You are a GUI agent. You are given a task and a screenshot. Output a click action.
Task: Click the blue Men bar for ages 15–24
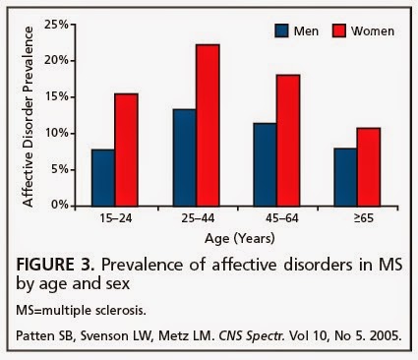103,178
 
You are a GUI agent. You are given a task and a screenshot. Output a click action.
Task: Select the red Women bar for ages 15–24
126,150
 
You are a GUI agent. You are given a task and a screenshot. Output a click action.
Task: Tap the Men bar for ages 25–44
184,157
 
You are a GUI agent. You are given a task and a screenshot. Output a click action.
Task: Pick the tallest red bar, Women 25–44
208,125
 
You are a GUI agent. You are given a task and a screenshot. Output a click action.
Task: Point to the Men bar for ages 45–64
265,164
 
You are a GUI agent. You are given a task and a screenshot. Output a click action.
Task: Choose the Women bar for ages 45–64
288,141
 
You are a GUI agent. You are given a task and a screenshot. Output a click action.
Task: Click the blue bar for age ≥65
345,177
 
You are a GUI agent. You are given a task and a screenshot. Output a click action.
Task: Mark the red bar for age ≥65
369,167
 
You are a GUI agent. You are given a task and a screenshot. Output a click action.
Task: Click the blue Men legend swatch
281,30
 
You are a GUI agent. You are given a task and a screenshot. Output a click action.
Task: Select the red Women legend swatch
339,30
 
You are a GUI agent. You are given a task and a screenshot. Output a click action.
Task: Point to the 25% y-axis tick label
57,25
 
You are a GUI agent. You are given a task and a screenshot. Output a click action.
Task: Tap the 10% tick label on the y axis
57,134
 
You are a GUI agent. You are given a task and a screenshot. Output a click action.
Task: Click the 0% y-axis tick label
60,206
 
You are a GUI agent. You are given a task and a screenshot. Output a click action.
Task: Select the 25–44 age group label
198,218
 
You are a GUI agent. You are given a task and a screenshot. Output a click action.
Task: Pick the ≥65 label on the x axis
364,218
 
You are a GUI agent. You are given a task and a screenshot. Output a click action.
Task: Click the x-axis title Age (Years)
240,238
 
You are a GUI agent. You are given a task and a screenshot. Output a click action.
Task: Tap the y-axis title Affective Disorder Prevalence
29,117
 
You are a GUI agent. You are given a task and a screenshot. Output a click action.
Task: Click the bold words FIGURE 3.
55,265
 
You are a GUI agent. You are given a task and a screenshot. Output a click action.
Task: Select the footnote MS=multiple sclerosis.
81,310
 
